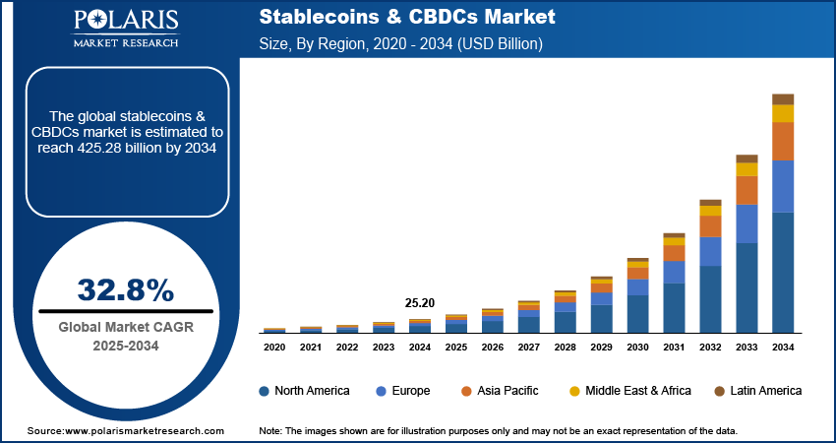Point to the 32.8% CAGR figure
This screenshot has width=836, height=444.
click(x=125, y=289)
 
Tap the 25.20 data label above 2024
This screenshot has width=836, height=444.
click(x=420, y=301)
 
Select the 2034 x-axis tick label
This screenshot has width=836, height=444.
click(x=782, y=348)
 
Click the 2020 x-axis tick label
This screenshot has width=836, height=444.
click(x=274, y=348)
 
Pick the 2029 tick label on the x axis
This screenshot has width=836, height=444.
click(x=601, y=348)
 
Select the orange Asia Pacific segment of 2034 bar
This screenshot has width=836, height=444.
click(x=783, y=142)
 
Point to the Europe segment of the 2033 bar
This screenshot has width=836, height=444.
click(x=747, y=223)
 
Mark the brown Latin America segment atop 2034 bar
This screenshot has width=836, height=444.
click(x=783, y=98)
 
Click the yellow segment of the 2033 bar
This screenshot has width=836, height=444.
click(x=747, y=169)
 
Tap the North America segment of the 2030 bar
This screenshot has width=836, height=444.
click(x=637, y=313)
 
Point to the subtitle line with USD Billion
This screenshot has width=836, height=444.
click(x=401, y=44)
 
